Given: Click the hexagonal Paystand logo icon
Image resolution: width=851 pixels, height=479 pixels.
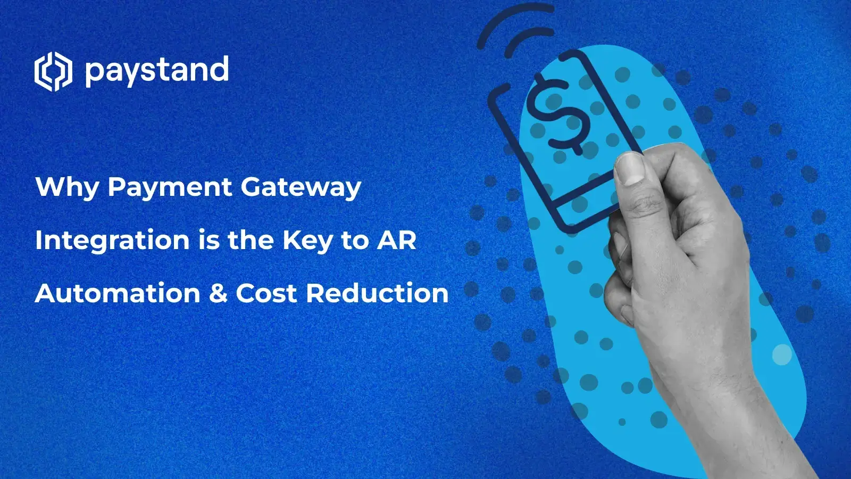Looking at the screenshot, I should (53, 71).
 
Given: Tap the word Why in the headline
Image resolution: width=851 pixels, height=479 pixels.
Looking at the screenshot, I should (67, 188).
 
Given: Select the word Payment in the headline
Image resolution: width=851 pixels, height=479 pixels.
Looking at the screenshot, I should (170, 188).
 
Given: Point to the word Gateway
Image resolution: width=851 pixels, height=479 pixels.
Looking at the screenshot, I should (301, 188).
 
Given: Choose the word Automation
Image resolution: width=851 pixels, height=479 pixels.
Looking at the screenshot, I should (118, 293).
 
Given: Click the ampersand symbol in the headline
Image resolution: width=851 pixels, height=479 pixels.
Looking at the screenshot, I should (218, 293).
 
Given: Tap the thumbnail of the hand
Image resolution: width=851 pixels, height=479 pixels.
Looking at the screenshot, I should (631, 167).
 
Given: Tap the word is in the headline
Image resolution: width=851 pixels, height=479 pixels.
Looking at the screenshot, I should (208, 240).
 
